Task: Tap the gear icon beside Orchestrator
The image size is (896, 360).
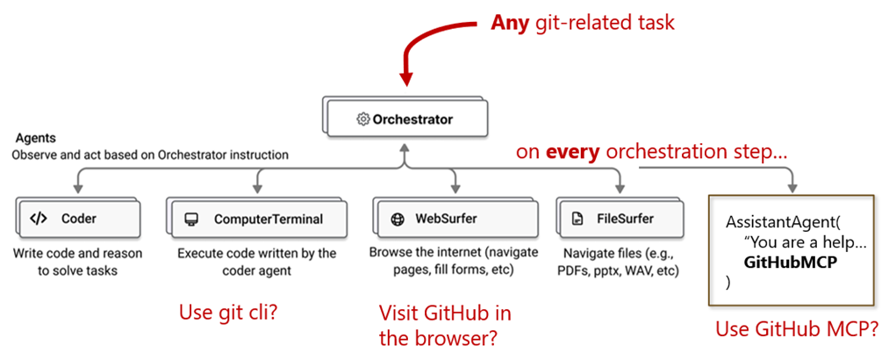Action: [x=362, y=119]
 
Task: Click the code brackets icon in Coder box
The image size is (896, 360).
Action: [x=39, y=219]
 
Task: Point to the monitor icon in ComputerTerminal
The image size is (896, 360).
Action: [x=190, y=219]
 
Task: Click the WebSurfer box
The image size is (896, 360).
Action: [x=454, y=219]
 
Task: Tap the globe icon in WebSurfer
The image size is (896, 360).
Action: [x=396, y=219]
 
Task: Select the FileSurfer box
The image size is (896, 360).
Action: [x=620, y=219]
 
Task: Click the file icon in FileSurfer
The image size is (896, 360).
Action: [x=577, y=219]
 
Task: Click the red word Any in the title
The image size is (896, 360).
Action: [x=510, y=23]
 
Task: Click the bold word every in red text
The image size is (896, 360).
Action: [x=574, y=152]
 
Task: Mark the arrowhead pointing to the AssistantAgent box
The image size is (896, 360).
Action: [x=793, y=187]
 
